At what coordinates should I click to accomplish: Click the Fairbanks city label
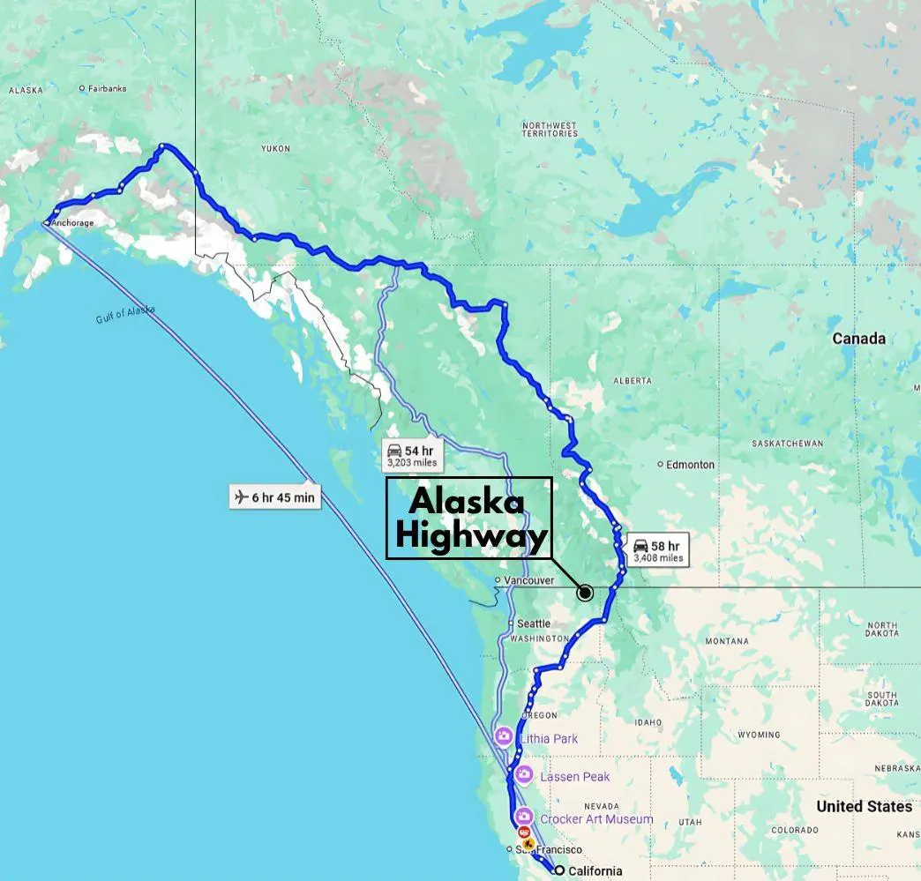[107, 88]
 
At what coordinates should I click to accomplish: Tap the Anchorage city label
[71, 223]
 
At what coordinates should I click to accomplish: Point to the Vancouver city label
[529, 580]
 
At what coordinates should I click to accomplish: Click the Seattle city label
[533, 623]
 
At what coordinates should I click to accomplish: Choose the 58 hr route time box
[658, 551]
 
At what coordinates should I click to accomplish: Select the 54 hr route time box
[411, 456]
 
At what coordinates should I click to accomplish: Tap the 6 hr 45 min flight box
[274, 497]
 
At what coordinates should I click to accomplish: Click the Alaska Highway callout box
[468, 518]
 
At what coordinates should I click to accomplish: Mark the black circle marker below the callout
[585, 594]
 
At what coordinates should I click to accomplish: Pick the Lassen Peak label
[574, 777]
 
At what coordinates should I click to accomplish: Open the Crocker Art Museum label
[596, 819]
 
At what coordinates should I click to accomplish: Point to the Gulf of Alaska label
[125, 314]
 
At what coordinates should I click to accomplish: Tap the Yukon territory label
[275, 149]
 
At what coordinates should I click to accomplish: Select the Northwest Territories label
[549, 129]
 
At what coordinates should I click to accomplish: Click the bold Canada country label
[858, 339]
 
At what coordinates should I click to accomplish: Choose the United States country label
[864, 806]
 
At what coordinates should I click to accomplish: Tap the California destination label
[595, 871]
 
